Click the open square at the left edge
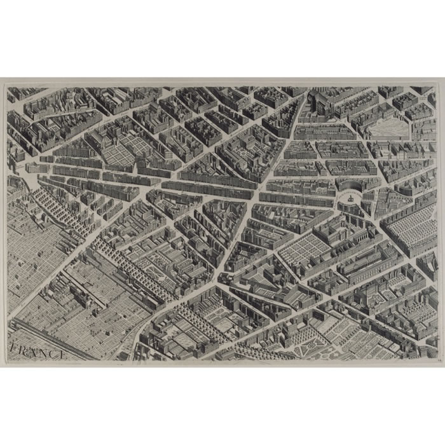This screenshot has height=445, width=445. (25, 168)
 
